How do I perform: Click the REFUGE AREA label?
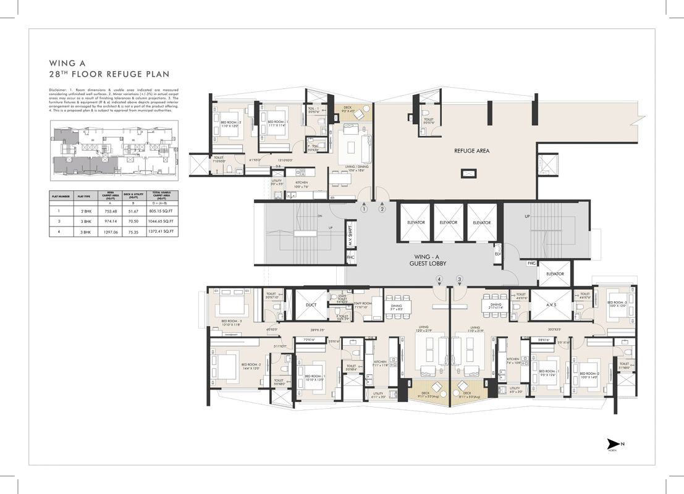tap(471, 150)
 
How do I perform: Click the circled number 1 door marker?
tap(365, 209)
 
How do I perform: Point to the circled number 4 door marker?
tap(439, 280)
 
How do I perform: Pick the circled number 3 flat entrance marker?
tap(459, 280)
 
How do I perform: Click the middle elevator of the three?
tap(449, 222)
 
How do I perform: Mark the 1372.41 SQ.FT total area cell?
tap(163, 232)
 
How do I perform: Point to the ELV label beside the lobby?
tap(497, 253)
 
